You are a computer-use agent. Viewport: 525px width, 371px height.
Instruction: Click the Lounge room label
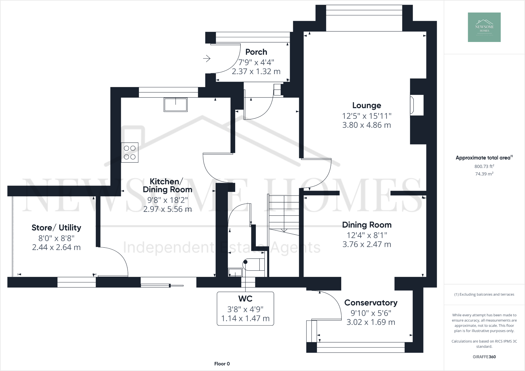(x=367, y=106)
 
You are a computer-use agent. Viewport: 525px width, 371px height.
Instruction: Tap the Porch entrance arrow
(x=207, y=59)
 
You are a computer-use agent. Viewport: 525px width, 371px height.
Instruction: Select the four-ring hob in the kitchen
(x=130, y=153)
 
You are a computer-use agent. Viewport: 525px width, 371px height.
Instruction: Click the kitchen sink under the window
(x=175, y=105)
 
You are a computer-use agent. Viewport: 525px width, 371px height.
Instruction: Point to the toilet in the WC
(x=253, y=265)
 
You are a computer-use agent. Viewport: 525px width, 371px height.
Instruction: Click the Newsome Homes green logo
(x=484, y=27)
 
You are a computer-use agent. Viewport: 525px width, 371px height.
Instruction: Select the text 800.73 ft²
(x=484, y=166)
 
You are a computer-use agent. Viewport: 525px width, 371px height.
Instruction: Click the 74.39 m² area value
(x=484, y=174)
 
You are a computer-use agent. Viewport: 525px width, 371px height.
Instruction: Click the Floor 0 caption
(x=222, y=364)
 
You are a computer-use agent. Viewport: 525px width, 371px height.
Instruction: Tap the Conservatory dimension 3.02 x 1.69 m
(x=371, y=322)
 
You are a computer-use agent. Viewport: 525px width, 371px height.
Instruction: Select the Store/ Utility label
(x=56, y=228)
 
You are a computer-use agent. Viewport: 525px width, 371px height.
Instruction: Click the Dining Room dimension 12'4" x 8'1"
(x=367, y=235)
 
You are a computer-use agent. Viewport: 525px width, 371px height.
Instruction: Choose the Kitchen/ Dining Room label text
(x=167, y=185)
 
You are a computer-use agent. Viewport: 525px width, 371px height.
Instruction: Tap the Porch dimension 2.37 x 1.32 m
(x=256, y=71)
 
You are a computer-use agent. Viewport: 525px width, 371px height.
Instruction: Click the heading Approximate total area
(x=483, y=158)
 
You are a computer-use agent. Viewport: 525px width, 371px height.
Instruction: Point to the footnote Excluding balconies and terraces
(x=484, y=294)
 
